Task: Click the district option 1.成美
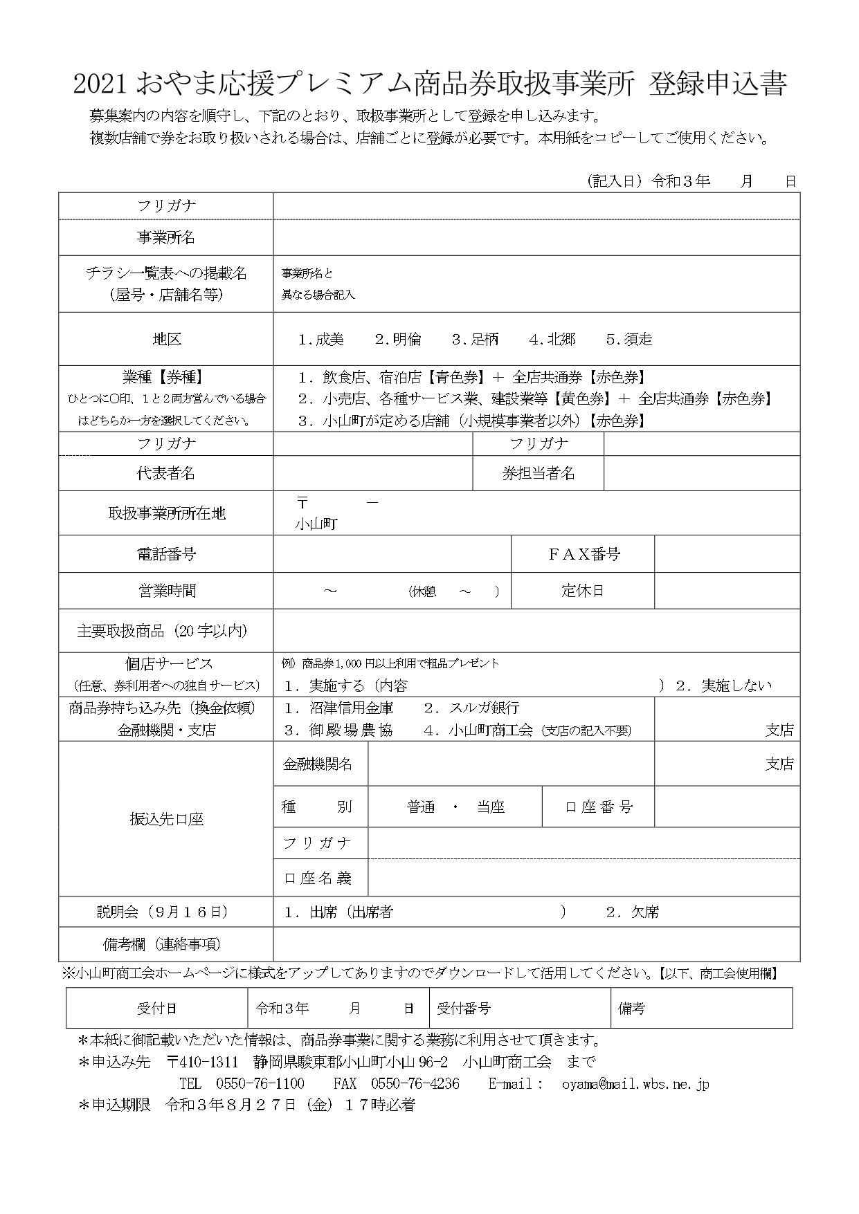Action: click(x=320, y=340)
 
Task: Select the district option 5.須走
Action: click(x=629, y=340)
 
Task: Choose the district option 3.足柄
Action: click(x=475, y=340)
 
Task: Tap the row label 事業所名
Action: click(x=165, y=238)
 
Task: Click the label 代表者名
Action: click(x=165, y=473)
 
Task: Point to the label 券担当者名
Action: click(x=539, y=474)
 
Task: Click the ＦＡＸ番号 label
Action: click(x=584, y=554)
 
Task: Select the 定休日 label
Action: click(x=583, y=591)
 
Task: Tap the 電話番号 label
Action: click(x=165, y=554)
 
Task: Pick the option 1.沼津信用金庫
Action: click(x=339, y=708)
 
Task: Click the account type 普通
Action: click(x=421, y=807)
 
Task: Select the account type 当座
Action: click(x=490, y=807)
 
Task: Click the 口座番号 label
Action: click(x=599, y=807)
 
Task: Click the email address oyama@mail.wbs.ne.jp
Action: click(x=635, y=1084)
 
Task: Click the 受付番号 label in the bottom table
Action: click(x=464, y=1009)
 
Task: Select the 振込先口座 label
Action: click(x=165, y=820)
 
